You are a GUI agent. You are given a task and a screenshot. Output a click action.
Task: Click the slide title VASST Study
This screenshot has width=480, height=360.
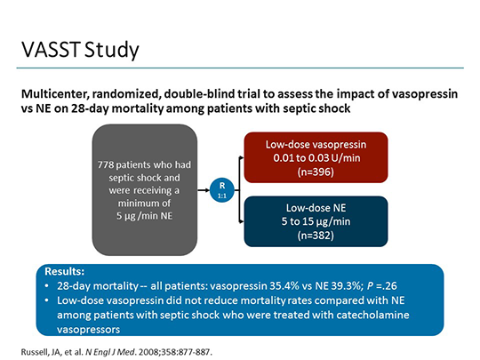(79, 49)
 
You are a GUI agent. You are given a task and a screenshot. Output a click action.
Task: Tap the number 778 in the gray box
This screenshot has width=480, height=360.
(111, 164)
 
